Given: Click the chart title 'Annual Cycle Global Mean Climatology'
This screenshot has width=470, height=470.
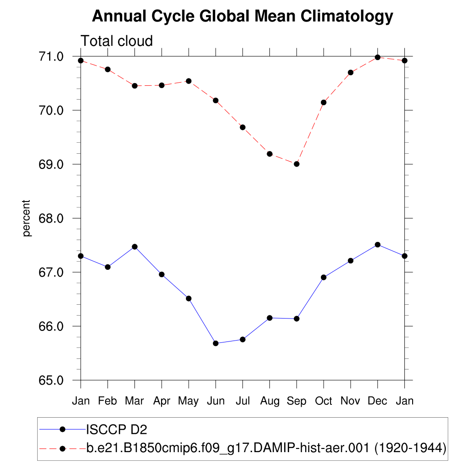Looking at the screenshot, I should [x=242, y=17].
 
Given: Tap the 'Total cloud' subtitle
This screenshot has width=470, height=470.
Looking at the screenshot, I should [x=117, y=41].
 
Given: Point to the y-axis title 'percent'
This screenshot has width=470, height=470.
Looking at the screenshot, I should [x=27, y=218].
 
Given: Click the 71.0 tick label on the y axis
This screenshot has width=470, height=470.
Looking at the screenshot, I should [x=51, y=57].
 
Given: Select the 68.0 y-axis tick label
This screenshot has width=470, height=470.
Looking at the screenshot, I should [x=51, y=218].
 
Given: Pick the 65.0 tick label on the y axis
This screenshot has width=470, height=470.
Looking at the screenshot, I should [x=51, y=380].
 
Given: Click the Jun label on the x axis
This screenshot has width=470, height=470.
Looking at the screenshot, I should [x=216, y=401].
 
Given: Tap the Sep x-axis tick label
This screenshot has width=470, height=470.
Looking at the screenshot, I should [x=297, y=401].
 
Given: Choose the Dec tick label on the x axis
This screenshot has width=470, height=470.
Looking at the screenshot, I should [x=377, y=401].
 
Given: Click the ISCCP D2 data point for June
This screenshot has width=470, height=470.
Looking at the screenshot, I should [x=216, y=343].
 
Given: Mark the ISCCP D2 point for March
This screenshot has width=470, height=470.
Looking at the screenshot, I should [x=134, y=246].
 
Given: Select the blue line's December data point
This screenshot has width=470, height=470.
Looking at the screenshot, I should [x=377, y=245].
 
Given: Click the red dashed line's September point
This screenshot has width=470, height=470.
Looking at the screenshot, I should [x=297, y=164].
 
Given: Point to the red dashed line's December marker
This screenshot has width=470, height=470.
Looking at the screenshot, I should [x=377, y=57].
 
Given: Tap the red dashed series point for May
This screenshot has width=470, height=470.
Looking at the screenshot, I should [x=189, y=81].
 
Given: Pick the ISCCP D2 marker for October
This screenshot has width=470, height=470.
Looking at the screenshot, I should [x=324, y=277].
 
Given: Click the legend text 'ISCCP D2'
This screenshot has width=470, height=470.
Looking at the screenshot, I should [x=117, y=430].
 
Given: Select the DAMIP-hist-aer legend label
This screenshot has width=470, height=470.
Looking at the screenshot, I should [x=266, y=448].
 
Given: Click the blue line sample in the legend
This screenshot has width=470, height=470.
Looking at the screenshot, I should [x=62, y=429].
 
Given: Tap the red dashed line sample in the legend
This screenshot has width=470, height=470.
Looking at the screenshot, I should [x=62, y=448].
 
